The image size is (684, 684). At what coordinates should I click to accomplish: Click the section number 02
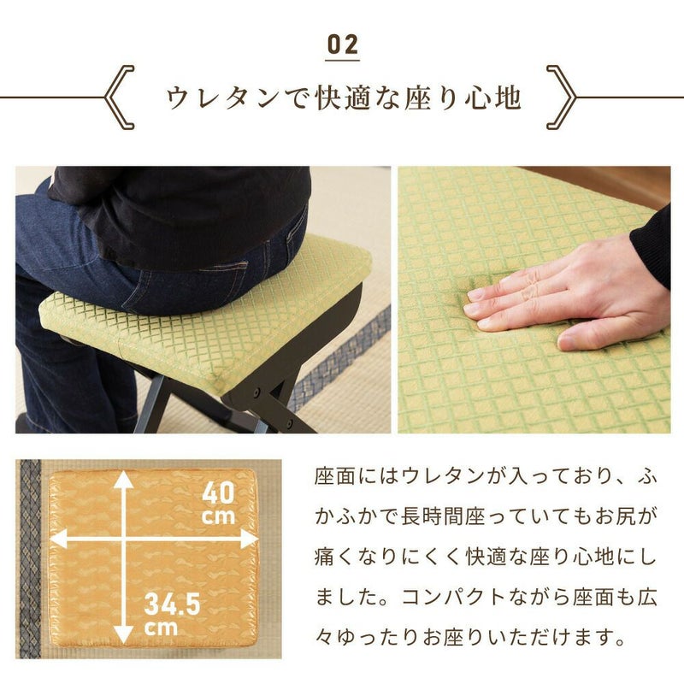tap(343, 45)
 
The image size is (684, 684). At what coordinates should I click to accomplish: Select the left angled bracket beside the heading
tap(120, 97)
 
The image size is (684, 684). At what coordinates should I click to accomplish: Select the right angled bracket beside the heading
tap(562, 97)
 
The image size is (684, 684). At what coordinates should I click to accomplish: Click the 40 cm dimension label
tap(219, 503)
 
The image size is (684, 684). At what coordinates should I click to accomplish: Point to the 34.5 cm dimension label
tap(172, 614)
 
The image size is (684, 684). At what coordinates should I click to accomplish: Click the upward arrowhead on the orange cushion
tap(125, 479)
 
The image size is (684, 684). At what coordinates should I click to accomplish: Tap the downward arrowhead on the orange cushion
tap(124, 634)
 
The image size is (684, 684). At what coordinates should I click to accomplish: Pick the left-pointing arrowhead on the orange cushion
tap(59, 539)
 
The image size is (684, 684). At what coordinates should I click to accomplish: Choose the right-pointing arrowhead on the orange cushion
tap(250, 540)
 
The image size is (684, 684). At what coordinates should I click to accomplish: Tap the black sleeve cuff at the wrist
tap(652, 250)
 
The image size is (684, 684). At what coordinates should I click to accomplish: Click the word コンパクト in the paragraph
tap(454, 597)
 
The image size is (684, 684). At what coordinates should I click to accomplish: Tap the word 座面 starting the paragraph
tap(336, 476)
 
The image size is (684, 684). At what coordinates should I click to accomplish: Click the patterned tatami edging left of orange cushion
tap(30, 558)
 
